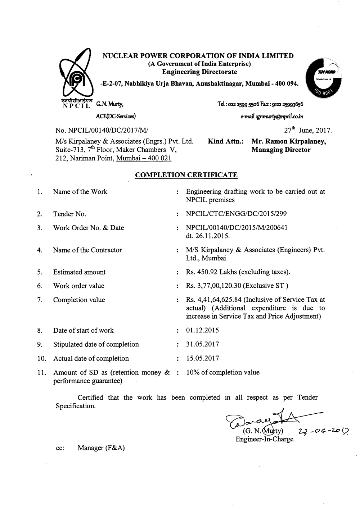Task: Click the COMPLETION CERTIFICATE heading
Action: coord(186,175)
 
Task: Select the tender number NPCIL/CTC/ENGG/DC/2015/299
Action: coord(236,214)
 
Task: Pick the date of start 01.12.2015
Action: coord(202,330)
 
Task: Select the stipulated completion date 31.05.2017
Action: coord(202,344)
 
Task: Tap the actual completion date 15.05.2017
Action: coord(202,358)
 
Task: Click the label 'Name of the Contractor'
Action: coord(87,250)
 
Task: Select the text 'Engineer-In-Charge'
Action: coord(264,439)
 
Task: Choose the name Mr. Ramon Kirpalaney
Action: coord(289,141)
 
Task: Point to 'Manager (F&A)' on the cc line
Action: coord(101,448)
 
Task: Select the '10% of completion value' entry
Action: coord(222,372)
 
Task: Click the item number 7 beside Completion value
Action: coord(40,300)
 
